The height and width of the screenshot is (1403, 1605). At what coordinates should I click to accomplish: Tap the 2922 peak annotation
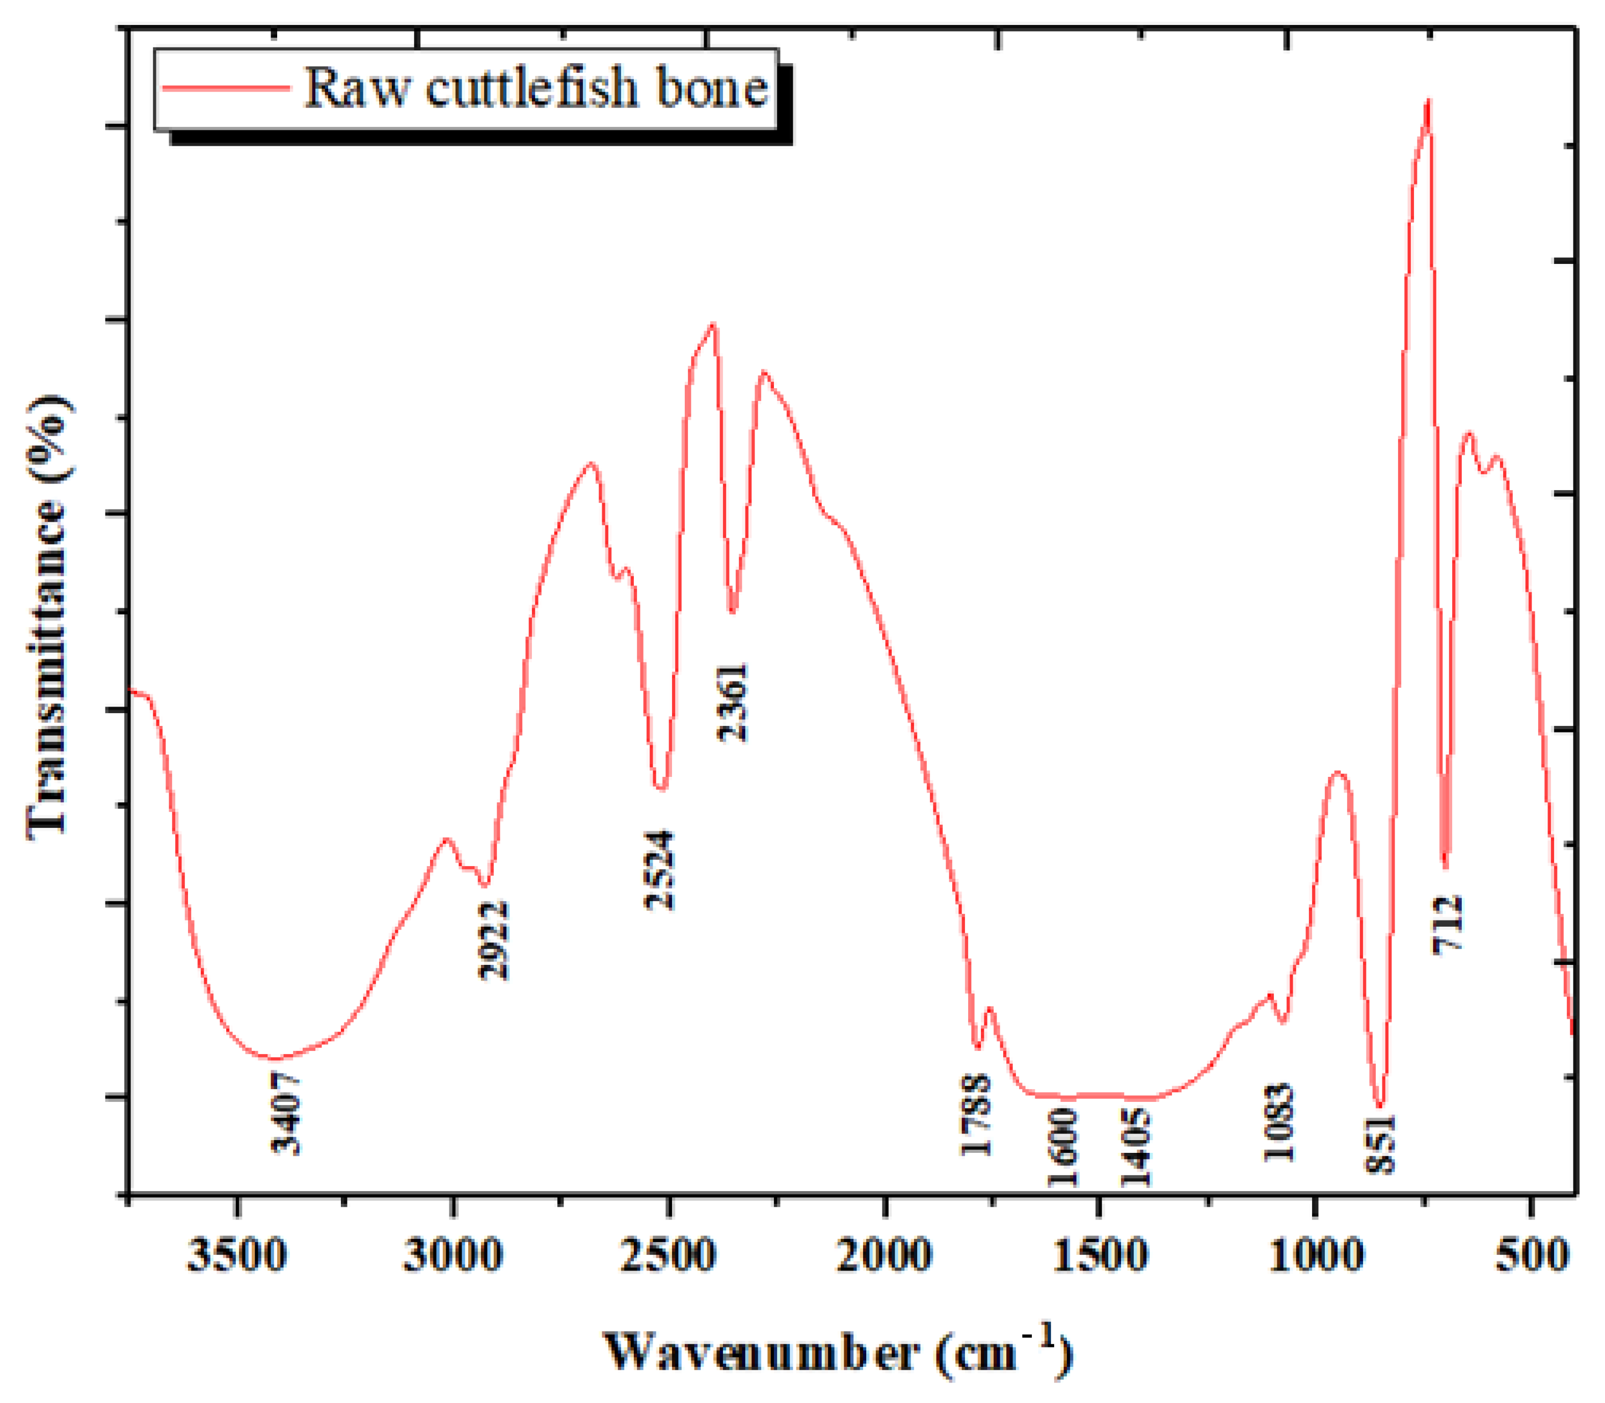coord(493,940)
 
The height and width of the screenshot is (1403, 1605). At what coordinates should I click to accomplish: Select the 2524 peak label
coord(659,869)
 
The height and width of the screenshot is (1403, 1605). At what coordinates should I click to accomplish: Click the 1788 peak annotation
coord(976,1115)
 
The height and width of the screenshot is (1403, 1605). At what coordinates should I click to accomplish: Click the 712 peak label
coord(1447,924)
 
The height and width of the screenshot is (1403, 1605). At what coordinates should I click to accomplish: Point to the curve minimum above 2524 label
coord(661,789)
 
